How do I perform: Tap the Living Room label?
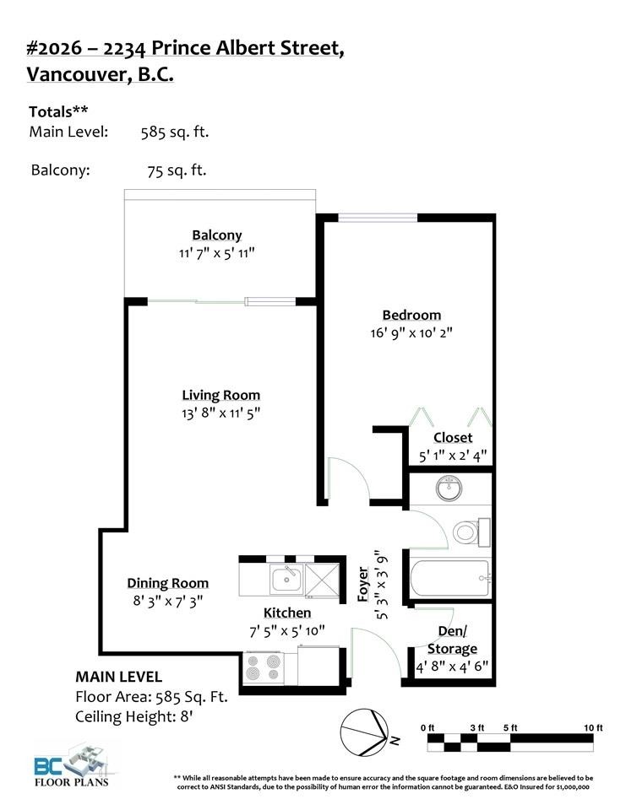click(221, 395)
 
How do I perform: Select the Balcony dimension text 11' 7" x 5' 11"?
click(216, 252)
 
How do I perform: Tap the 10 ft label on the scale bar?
click(593, 727)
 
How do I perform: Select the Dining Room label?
click(167, 583)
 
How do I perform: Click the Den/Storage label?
click(452, 640)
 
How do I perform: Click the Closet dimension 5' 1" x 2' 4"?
click(453, 456)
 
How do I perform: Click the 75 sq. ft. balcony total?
click(177, 170)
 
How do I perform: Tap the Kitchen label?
click(287, 613)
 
